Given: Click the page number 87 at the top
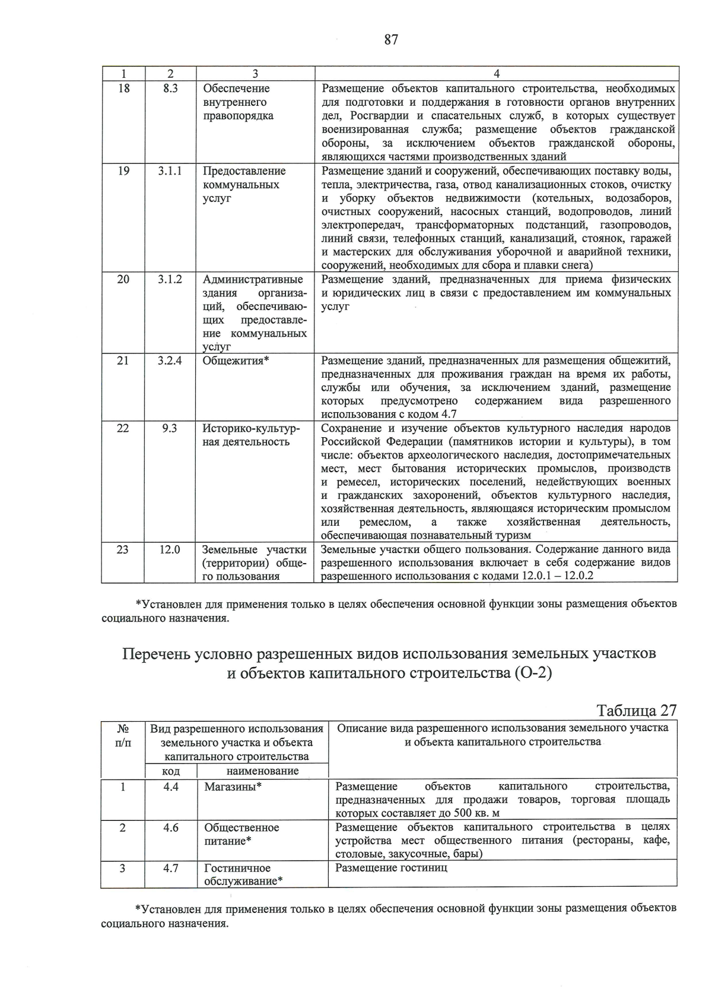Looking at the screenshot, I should tap(391, 40).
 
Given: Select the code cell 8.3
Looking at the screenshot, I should tap(170, 89).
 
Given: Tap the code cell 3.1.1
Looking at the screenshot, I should tap(170, 171).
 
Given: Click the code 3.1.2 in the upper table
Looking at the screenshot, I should tap(170, 279).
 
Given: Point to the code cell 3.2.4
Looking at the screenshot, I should tap(170, 361).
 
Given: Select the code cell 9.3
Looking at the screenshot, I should tap(170, 428).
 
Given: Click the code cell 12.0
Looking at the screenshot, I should tap(170, 549).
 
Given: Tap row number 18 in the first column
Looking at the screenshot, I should tap(123, 89).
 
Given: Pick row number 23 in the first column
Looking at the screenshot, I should tap(123, 549).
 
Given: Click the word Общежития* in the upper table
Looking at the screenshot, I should tap(236, 361).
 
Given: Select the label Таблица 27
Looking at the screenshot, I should tap(636, 710).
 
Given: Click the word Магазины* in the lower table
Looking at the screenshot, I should tap(233, 786).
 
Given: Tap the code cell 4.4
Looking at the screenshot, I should tap(171, 786).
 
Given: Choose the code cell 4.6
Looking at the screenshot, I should tap(171, 827).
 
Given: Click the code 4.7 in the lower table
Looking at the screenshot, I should tap(171, 868).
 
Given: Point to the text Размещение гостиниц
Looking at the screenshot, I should tap(391, 868).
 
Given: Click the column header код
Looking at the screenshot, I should tap(171, 771).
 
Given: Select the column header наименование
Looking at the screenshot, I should tap(262, 771).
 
